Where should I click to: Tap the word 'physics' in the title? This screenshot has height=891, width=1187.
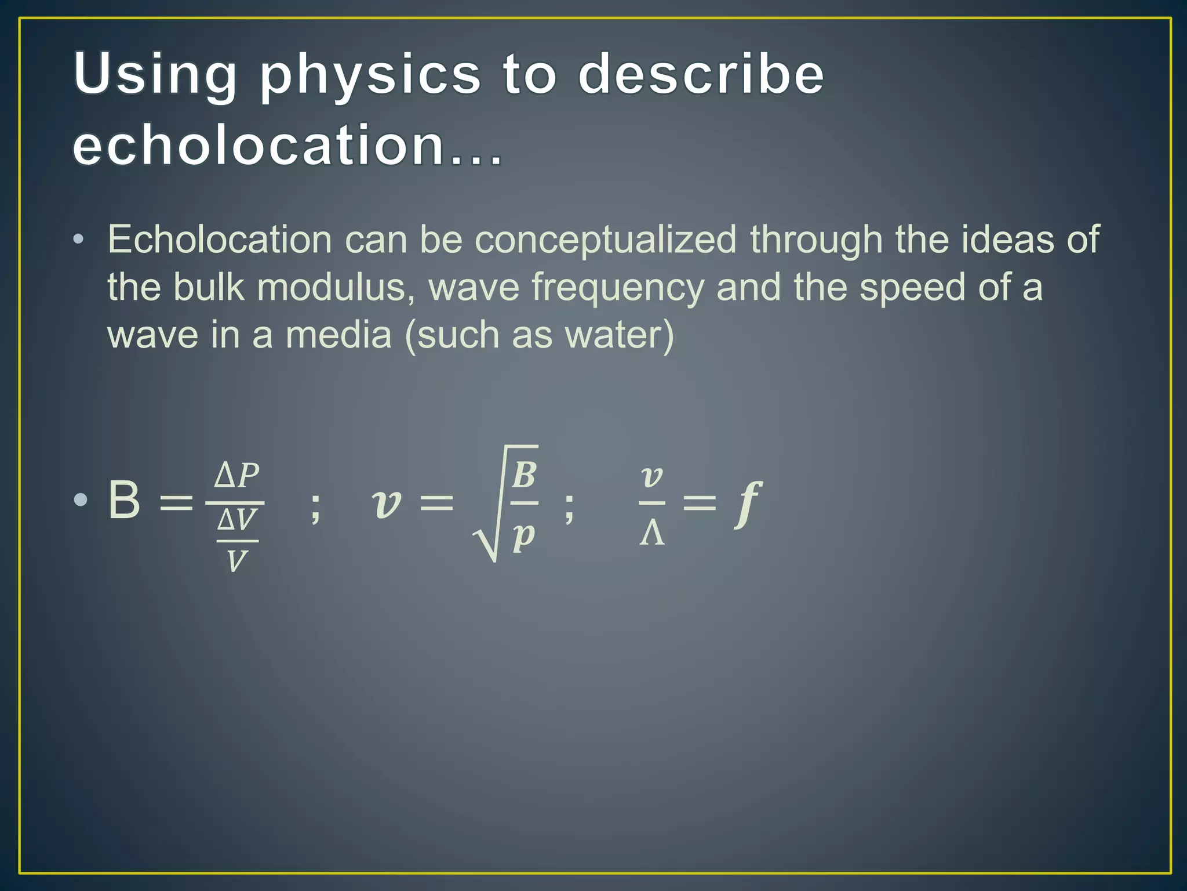pos(370,75)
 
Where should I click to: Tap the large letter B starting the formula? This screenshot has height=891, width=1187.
pos(124,500)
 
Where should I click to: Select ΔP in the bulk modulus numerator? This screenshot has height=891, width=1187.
pos(236,476)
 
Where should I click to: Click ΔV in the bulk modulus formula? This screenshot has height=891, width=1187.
pos(237,520)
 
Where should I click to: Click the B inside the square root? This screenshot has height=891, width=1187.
pos(524,475)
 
